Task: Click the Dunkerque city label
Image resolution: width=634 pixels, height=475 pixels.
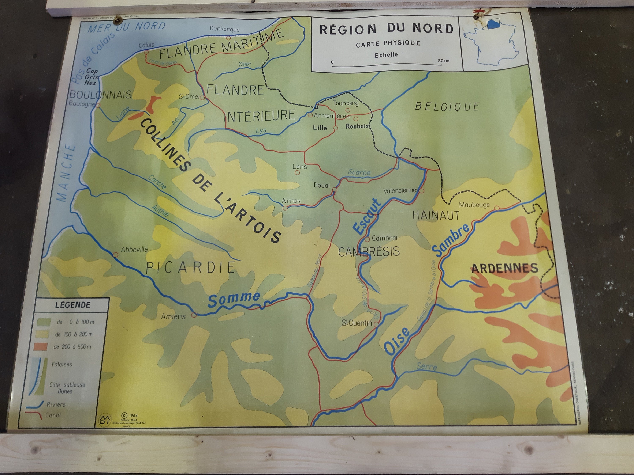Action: click(224, 29)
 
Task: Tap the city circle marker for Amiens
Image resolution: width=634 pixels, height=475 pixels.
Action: click(194, 315)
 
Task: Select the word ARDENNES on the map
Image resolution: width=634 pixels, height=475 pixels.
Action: click(504, 268)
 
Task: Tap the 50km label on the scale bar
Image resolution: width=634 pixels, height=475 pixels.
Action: click(443, 61)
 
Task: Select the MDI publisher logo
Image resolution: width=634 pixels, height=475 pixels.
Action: click(104, 419)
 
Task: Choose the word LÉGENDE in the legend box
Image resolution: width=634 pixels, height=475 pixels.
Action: click(72, 305)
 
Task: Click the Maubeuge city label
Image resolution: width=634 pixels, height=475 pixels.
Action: click(474, 205)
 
